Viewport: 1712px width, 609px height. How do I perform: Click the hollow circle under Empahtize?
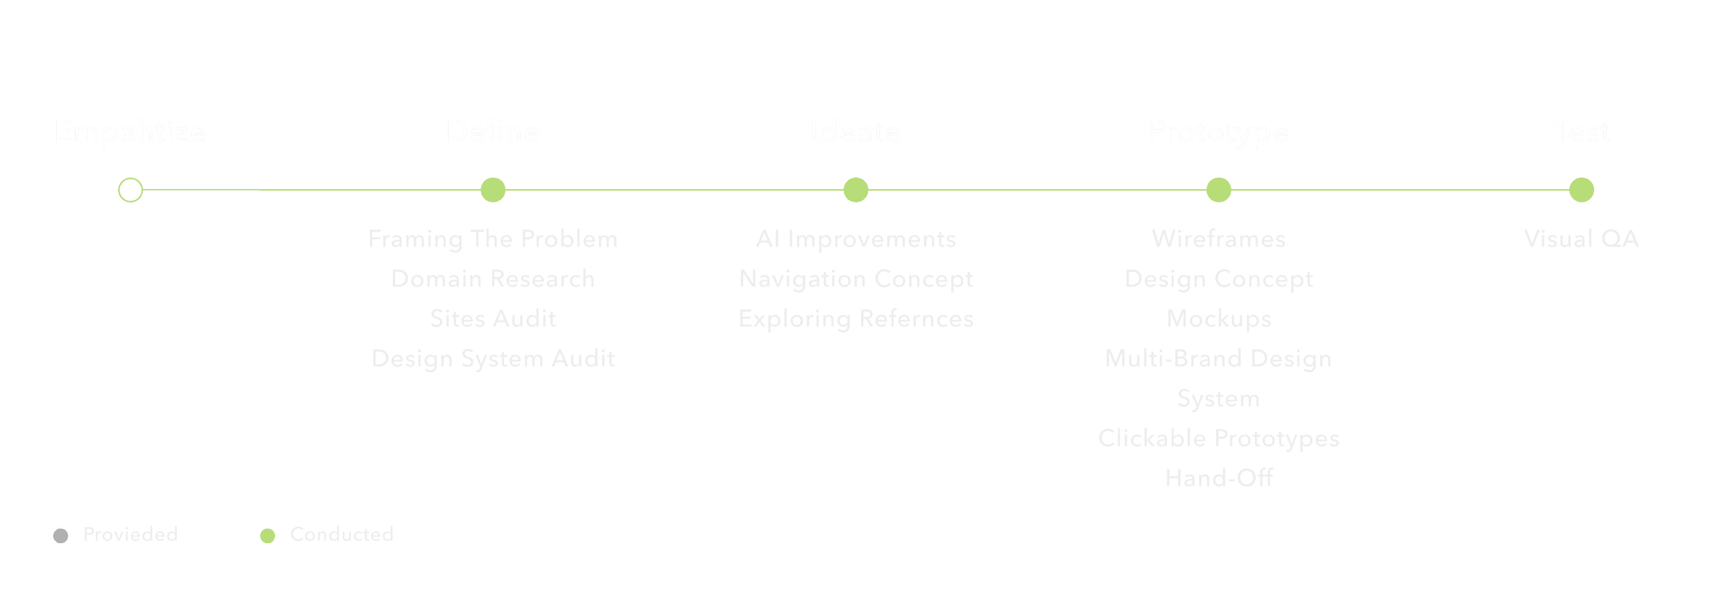click(130, 190)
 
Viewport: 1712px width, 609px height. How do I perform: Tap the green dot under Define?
click(493, 190)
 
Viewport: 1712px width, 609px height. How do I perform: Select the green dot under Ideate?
click(856, 190)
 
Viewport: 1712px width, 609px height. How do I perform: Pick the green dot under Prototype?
click(1219, 190)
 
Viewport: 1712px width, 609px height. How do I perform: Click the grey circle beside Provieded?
click(60, 535)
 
